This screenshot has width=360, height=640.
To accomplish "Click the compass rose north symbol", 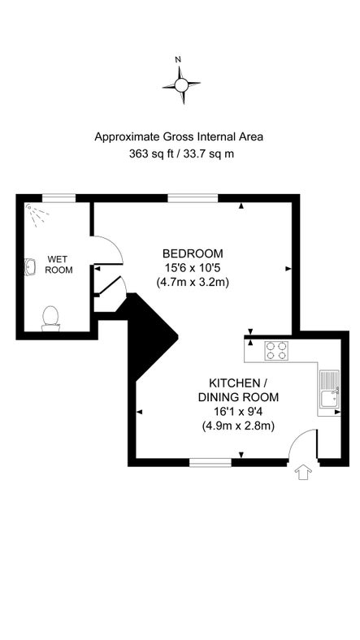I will click(x=180, y=84).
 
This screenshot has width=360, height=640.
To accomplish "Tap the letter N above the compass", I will click(x=179, y=59).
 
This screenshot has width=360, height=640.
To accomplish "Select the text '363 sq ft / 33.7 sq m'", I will click(x=180, y=154).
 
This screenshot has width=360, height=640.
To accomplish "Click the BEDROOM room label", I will click(x=193, y=253).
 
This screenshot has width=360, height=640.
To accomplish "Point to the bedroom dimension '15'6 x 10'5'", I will click(x=193, y=268).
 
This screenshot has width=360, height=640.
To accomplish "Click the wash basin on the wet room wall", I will click(x=30, y=267).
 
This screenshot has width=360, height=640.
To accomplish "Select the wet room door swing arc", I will click(x=109, y=249).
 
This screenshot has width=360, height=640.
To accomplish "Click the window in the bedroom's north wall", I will click(x=187, y=197).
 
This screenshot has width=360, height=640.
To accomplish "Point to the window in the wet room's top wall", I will click(x=59, y=197).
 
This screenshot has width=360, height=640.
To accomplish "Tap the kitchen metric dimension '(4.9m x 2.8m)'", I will click(x=238, y=426).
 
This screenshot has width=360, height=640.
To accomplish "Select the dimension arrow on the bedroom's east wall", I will click(x=288, y=268).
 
